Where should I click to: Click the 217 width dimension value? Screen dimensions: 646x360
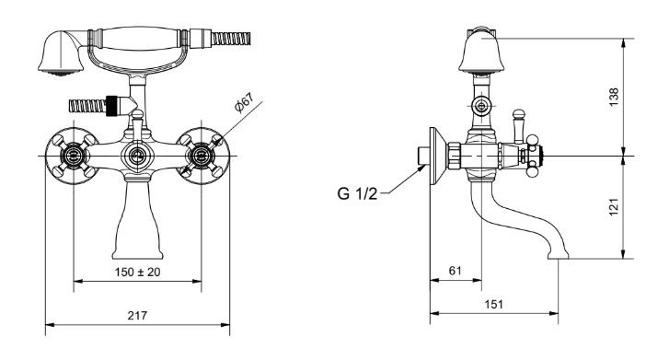pos(137,316)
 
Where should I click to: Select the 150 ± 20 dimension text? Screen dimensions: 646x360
pos(138,273)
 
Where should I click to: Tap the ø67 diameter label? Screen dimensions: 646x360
pos(244,103)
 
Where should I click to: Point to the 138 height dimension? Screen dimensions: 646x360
pos(614,97)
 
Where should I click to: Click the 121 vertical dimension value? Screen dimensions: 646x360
pos(614,207)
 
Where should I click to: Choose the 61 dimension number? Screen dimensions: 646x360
pos(455,271)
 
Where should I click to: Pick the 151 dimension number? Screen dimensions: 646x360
pos(493,305)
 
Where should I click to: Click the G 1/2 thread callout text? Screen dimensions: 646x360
pos(357,193)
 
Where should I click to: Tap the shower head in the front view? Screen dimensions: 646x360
pos(61,52)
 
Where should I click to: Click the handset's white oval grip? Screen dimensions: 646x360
pos(140,38)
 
